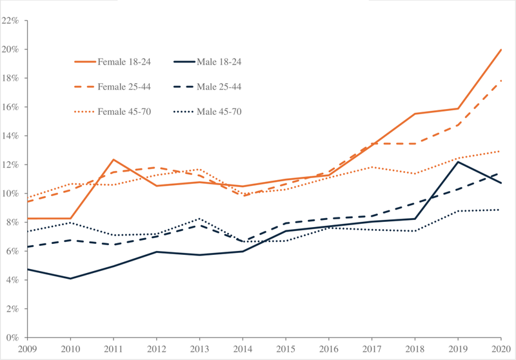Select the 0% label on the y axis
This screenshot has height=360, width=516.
point(14,337)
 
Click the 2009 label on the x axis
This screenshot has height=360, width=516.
point(27,349)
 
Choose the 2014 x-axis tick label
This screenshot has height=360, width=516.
point(243,349)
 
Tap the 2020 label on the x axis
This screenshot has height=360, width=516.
point(501,349)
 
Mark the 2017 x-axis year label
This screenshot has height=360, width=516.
point(372,349)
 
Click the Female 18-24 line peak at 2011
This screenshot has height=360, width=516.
point(114,159)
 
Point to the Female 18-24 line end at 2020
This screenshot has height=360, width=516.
point(501,50)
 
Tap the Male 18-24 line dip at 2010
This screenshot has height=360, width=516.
point(70,279)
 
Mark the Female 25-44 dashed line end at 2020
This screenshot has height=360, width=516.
point(501,81)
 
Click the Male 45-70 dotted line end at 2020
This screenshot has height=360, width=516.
point(501,210)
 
